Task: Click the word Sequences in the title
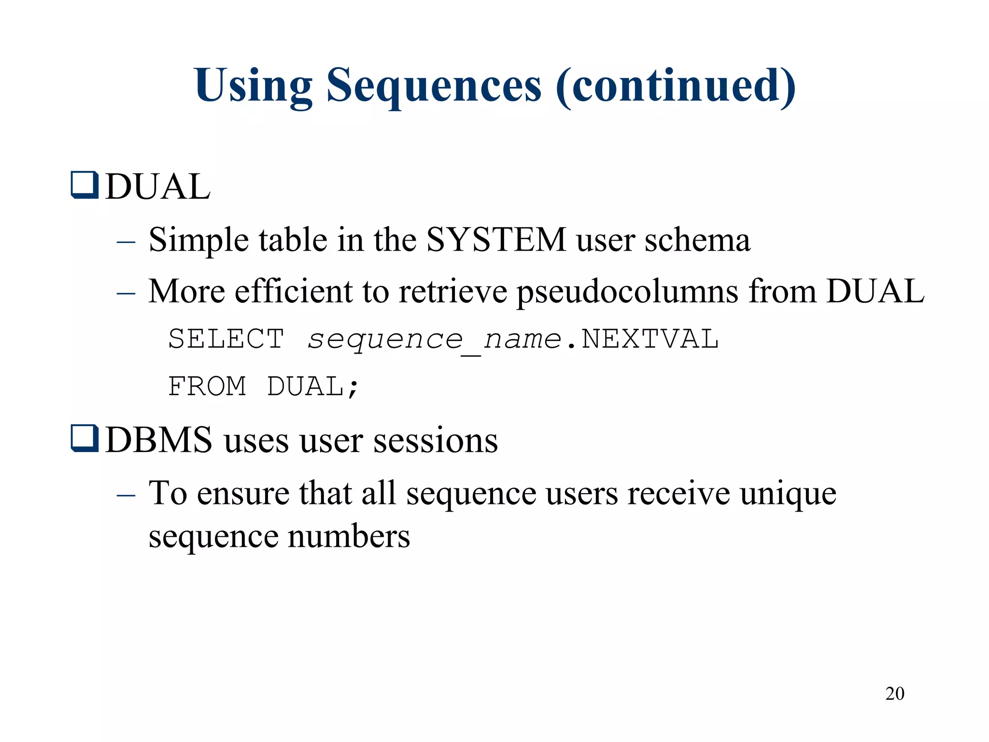click(x=434, y=86)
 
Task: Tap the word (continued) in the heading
click(x=675, y=86)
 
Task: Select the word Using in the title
click(x=254, y=86)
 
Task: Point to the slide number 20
click(x=894, y=694)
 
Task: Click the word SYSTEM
click(x=496, y=240)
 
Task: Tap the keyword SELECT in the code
click(x=226, y=339)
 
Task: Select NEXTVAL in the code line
click(x=650, y=339)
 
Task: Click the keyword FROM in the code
click(x=207, y=386)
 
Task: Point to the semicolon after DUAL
click(x=353, y=388)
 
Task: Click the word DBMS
click(x=158, y=440)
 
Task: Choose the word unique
click(x=788, y=494)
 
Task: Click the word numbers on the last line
click(x=349, y=536)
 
